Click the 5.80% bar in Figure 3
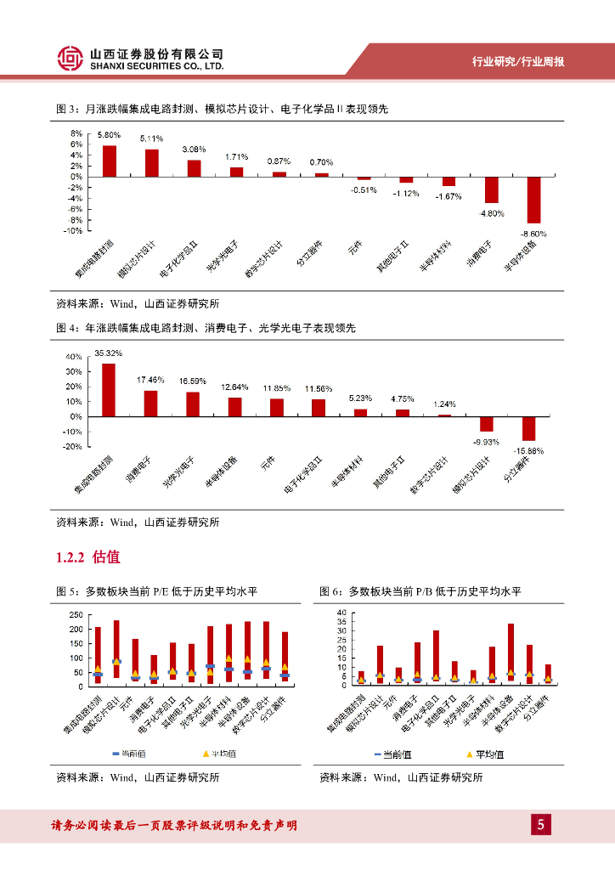110,161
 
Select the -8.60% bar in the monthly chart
533,200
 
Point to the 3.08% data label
195,150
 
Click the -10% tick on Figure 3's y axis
74,230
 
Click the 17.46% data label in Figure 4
150,380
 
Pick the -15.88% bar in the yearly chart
528,428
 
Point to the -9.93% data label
486,442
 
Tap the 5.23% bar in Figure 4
361,413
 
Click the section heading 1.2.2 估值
87,558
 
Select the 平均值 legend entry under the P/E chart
221,754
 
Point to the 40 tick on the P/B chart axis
341,613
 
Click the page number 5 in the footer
540,826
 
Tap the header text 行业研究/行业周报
519,63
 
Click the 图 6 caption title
420,591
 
